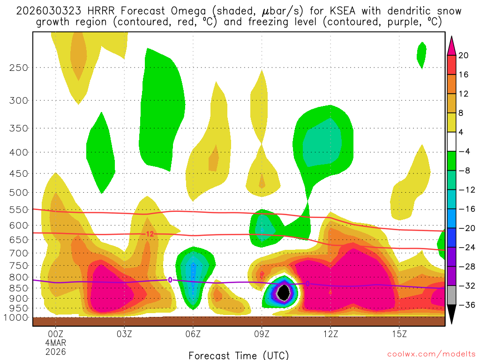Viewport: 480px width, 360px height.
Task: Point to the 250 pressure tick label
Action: coord(19,67)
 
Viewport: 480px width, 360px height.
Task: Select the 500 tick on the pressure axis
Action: coord(19,192)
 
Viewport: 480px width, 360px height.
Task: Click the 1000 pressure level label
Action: coord(16,317)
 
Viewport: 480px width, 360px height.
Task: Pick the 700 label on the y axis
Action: coord(19,253)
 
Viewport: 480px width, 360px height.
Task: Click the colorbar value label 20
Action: coord(464,55)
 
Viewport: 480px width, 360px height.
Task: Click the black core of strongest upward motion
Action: coord(283,292)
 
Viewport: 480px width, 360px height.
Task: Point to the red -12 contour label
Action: coord(150,234)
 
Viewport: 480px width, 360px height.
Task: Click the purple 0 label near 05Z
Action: coord(170,280)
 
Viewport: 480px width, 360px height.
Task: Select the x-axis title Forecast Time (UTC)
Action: coord(239,355)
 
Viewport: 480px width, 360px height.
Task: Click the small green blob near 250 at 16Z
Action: coord(421,54)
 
